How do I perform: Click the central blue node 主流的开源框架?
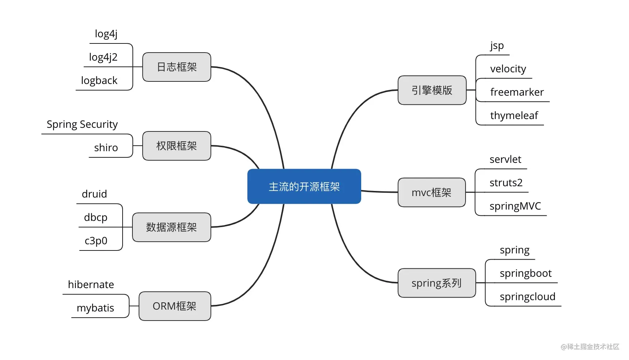coord(304,186)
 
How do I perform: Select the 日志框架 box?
coord(177,67)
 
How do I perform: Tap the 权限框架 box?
coord(177,146)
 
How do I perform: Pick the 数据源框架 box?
coord(171,227)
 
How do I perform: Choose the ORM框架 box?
coord(175,306)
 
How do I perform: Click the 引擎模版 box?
coord(432,90)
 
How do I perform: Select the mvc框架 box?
coord(432,192)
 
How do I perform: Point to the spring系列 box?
coord(437,283)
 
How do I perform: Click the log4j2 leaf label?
coord(103,57)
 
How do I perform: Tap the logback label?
coord(99,80)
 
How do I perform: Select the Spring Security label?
coord(82,125)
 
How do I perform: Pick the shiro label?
coord(106,148)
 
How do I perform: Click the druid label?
coord(94,194)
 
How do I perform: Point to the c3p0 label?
coord(96,241)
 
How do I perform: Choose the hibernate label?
coord(91,284)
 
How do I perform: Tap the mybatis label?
coord(95,308)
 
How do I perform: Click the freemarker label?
coord(517,92)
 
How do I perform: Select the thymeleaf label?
coord(514,116)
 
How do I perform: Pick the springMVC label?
coord(515,206)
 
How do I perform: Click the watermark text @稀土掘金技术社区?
coord(590,346)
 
